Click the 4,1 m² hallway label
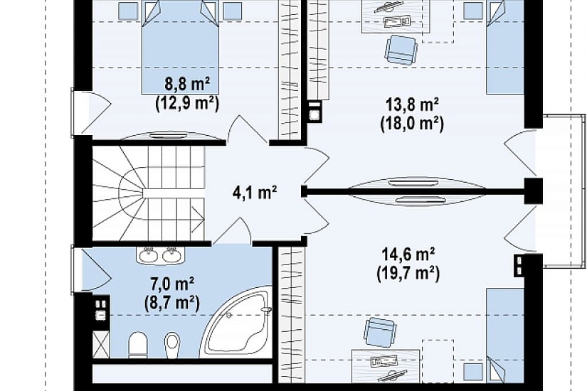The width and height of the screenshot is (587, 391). [x=255, y=193]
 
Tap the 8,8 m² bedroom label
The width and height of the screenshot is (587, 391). [x=187, y=85]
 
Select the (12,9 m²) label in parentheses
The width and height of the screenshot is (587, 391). [x=187, y=103]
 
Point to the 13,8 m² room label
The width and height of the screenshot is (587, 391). [x=412, y=105]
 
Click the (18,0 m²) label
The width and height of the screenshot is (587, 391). [x=412, y=123]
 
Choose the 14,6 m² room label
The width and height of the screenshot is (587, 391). [x=408, y=255]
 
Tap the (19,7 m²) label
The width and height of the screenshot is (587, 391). [x=408, y=273]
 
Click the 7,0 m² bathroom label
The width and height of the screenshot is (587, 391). [x=172, y=284]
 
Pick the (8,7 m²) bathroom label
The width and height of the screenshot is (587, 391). [x=172, y=303]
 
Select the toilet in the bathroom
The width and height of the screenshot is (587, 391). [x=138, y=345]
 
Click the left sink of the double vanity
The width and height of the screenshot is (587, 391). [x=149, y=255]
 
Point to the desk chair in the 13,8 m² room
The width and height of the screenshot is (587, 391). [x=401, y=50]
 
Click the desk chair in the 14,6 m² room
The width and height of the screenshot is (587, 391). [x=380, y=332]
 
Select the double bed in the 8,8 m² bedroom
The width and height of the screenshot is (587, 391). [x=180, y=47]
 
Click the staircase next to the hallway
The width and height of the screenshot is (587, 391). [x=149, y=193]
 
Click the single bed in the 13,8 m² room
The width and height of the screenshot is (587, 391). [x=505, y=47]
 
